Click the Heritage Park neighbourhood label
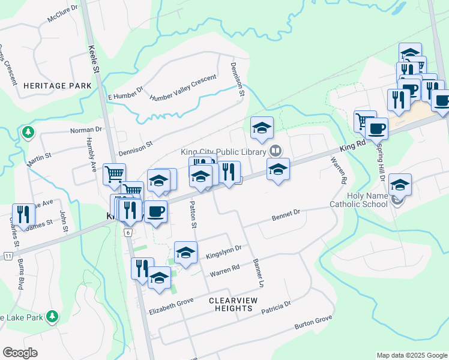coord(58,86)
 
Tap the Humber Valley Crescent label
coord(182,88)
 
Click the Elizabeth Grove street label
coord(172,305)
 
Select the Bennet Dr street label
coord(285,214)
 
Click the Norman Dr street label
coord(86,130)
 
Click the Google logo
coord(20,353)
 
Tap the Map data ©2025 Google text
coord(411,355)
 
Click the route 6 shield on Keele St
coord(128,232)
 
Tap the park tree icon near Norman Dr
coord(26,132)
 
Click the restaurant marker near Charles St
coord(23,214)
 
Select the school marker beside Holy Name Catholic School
coord(400,184)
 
